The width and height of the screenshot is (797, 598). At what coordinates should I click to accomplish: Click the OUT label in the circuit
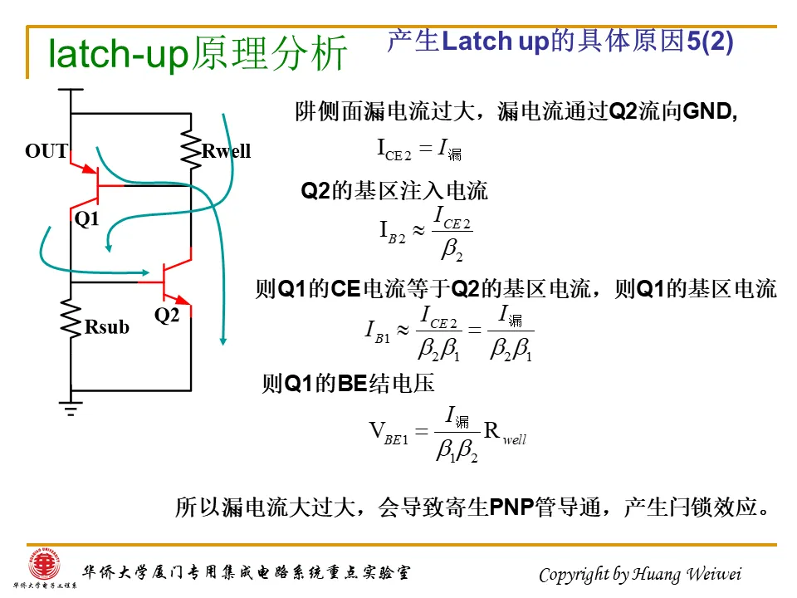pyautogui.click(x=46, y=151)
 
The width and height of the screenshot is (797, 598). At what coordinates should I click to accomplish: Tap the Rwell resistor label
pyautogui.click(x=226, y=151)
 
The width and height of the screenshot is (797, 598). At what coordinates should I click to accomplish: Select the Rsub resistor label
pyautogui.click(x=107, y=327)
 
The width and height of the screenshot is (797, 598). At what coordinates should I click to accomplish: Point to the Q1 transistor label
pyautogui.click(x=86, y=219)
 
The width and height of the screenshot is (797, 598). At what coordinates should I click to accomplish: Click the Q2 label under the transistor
pyautogui.click(x=167, y=316)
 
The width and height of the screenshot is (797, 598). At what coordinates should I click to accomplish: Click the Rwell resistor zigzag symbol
pyautogui.click(x=192, y=149)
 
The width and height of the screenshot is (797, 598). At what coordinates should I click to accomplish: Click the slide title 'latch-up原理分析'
pyautogui.click(x=198, y=54)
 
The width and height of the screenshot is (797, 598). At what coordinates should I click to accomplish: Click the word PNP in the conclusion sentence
pyautogui.click(x=513, y=507)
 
